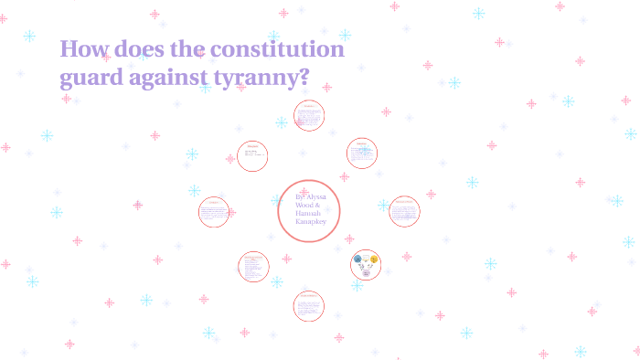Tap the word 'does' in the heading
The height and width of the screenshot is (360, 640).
pos(143,48)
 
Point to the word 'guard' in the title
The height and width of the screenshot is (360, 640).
pos(91,79)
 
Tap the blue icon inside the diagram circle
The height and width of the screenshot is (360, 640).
pos(357,259)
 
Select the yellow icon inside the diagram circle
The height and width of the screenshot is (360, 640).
pos(373,259)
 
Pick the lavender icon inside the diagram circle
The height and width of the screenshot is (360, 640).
pos(366,272)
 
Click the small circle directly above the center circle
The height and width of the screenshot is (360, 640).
pos(309,116)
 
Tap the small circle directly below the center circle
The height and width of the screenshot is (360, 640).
pos(309,305)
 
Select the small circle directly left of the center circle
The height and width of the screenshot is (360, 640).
pos(214,212)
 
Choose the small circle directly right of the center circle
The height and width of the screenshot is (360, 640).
pos(404,211)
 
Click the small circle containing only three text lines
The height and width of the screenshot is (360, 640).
pos(252,155)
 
